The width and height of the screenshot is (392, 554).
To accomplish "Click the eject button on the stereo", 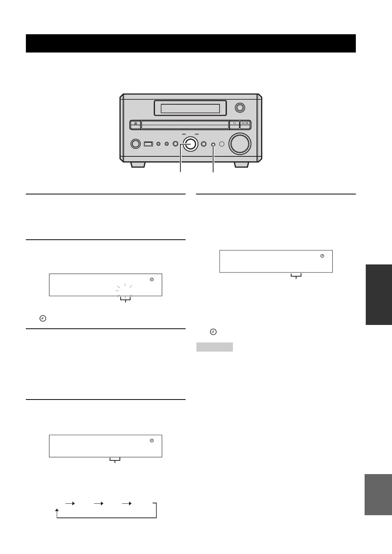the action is click(x=135, y=124).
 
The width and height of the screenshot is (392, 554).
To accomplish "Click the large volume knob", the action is click(x=240, y=144).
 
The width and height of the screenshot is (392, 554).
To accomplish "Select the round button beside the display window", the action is click(x=240, y=108).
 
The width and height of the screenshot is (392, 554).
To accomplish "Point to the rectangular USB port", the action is click(x=148, y=144).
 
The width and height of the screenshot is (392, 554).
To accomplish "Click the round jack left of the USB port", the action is click(x=135, y=144).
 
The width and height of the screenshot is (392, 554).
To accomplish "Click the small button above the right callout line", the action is click(x=213, y=145).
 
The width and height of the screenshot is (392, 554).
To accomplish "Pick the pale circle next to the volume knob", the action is click(x=222, y=144).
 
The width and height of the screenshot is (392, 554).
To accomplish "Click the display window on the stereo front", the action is click(x=190, y=108).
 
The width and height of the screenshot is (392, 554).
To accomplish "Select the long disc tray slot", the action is click(x=185, y=124).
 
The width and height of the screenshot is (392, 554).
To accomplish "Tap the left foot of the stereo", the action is click(x=137, y=165).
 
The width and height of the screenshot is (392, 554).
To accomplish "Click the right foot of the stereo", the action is click(x=241, y=165).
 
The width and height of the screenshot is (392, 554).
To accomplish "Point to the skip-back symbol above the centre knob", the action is click(x=184, y=134).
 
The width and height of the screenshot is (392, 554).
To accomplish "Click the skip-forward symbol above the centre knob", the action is click(x=197, y=134).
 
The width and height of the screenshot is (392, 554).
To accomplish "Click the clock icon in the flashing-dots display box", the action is click(x=152, y=280).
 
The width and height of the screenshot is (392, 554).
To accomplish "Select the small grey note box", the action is click(x=214, y=347).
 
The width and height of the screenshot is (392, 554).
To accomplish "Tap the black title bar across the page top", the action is click(x=191, y=43).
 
